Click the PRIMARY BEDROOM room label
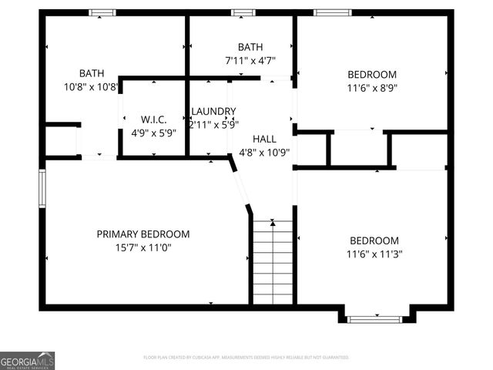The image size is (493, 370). coord(143,234)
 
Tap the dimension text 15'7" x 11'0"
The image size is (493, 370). coord(143,247)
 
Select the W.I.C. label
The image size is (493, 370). coord(153,119)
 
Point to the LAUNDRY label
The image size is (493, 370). coord(213,111)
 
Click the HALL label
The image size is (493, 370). coord(264,139)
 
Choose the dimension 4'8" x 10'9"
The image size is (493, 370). coord(264,152)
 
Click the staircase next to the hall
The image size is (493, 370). coord(273,262)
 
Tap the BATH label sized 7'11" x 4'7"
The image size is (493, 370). coord(250,47)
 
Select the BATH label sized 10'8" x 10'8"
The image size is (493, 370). coord(91,73)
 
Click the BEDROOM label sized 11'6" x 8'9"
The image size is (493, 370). coord(372,75)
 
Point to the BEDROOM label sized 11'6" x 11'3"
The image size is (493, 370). coord(374,240)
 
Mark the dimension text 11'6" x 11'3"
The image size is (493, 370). coord(374,253)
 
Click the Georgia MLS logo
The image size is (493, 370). coord(28,360)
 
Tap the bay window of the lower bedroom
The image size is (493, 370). coord(374,318)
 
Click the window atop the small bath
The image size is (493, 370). coord(243,12)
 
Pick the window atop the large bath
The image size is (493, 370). coord(102,12)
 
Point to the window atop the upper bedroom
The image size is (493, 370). coord(333,12)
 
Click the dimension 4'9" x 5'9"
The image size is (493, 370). coord(153,133)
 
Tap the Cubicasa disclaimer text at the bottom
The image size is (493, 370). coord(246,358)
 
